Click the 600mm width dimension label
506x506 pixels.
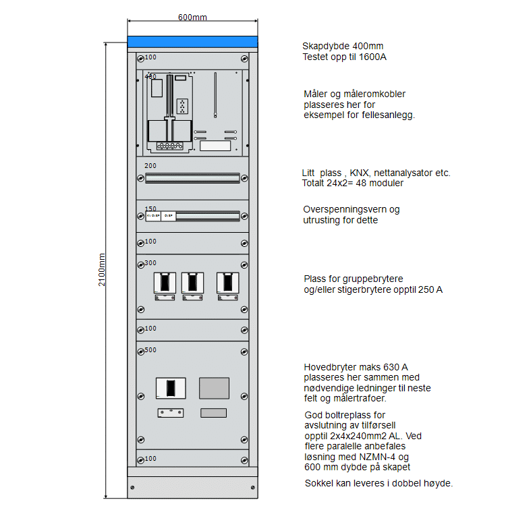(x=192, y=17)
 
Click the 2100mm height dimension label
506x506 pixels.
(x=103, y=270)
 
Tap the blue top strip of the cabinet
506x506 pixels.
(x=192, y=42)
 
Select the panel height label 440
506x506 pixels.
(x=150, y=76)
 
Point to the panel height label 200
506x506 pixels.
(x=150, y=165)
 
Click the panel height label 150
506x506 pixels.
(x=150, y=208)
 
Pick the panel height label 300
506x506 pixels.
(x=150, y=262)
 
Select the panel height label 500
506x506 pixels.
(x=150, y=349)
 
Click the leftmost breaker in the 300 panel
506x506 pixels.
(x=165, y=284)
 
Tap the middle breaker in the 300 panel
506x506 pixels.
(x=192, y=284)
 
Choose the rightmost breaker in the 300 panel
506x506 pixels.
(x=227, y=284)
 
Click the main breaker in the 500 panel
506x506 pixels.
(x=171, y=388)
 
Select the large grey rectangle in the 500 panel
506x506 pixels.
(x=214, y=387)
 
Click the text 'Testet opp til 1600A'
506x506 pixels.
(x=344, y=57)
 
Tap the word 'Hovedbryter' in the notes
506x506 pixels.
(x=327, y=367)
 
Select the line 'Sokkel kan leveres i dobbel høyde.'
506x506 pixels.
(x=378, y=483)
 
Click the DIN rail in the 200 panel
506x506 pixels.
(x=192, y=178)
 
